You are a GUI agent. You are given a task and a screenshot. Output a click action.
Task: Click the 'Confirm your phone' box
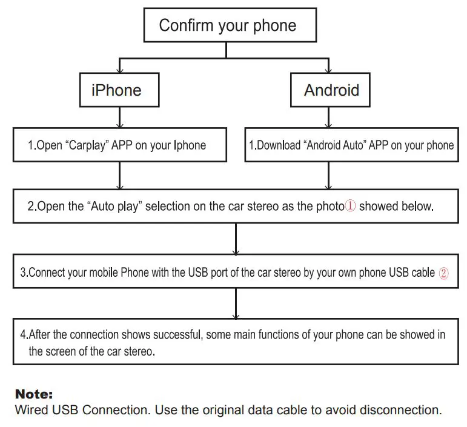(230, 25)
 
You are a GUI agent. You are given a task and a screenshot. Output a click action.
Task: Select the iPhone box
(119, 90)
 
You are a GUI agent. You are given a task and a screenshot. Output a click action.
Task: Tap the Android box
(330, 90)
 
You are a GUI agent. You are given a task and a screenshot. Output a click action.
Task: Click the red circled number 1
(350, 206)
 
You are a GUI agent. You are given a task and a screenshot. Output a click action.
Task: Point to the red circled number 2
(443, 273)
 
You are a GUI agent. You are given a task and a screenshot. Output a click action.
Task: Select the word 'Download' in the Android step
(279, 145)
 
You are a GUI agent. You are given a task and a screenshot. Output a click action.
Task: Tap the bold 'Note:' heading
(34, 394)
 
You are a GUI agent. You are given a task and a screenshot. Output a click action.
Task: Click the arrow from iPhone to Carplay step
(120, 118)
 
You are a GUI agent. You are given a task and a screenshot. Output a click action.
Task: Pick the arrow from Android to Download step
(328, 118)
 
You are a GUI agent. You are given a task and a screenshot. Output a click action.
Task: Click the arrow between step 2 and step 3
(236, 239)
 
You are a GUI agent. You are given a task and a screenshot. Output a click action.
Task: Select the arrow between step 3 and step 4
(236, 303)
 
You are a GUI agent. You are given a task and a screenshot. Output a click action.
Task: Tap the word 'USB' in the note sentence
(65, 410)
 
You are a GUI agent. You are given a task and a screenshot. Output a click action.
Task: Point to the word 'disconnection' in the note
(399, 410)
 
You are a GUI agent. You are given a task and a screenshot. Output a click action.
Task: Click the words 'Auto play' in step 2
(114, 206)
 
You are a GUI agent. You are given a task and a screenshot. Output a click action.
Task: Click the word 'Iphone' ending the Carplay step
(190, 145)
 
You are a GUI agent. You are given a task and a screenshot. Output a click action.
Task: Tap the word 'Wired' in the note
(32, 410)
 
